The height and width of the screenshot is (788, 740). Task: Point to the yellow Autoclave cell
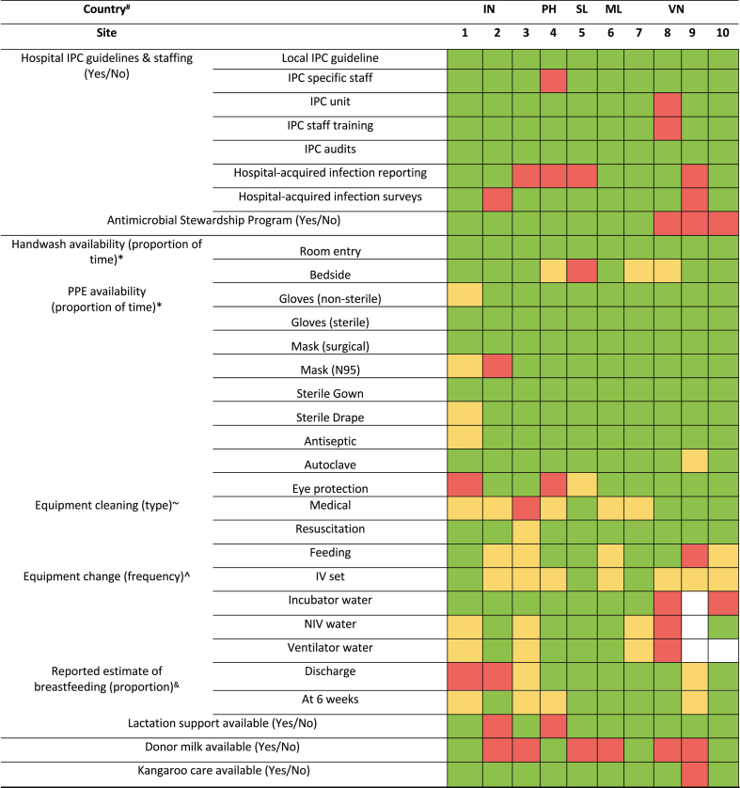click(694, 465)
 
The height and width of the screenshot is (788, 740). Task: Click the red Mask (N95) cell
click(497, 368)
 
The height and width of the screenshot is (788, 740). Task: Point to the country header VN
click(674, 10)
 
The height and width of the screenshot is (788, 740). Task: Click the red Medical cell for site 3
click(526, 512)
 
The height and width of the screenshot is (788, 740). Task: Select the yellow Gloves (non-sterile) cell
click(464, 296)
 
